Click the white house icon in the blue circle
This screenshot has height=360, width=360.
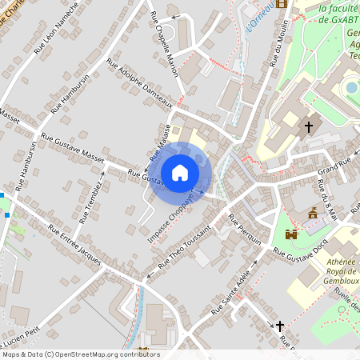tap(180, 173)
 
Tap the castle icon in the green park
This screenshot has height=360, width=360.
tap(290, 234)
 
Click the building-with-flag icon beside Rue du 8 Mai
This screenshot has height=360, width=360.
tap(313, 213)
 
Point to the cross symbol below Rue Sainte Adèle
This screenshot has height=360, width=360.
tap(279, 326)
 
